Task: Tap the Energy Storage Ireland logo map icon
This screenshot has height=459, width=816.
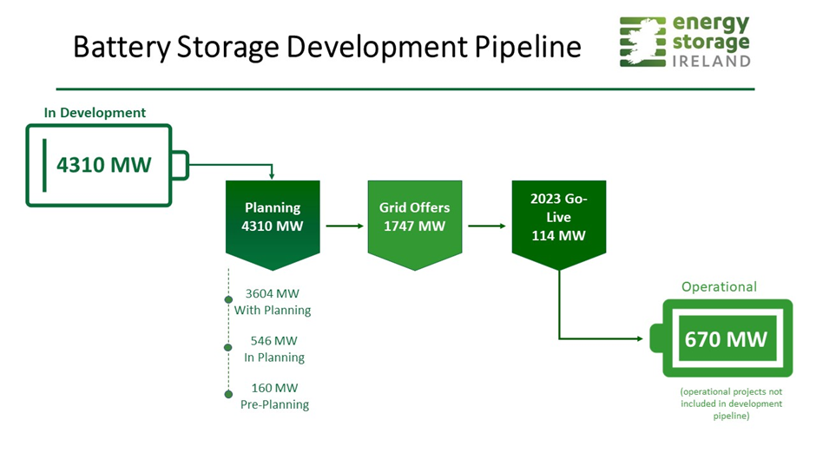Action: click(642, 42)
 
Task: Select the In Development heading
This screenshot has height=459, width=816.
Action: click(95, 113)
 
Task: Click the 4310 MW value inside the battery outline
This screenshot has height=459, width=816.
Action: click(103, 165)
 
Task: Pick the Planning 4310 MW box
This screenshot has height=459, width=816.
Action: click(273, 225)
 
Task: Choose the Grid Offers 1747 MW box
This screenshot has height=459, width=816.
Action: click(415, 225)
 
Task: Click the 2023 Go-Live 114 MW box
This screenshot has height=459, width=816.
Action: click(559, 225)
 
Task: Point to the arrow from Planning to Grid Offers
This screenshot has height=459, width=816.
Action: click(345, 226)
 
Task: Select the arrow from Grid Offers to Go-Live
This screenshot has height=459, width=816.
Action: click(487, 226)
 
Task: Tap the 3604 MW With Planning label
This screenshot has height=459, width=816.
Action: click(273, 302)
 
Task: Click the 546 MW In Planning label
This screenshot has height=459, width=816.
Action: click(273, 349)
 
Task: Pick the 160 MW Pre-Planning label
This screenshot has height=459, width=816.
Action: click(274, 396)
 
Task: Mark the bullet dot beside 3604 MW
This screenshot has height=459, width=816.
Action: click(228, 299)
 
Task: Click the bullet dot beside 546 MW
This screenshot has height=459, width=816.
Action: click(228, 347)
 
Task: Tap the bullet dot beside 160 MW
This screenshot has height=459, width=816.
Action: click(228, 394)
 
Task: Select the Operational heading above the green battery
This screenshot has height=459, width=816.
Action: click(719, 286)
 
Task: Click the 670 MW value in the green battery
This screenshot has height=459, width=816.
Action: click(726, 339)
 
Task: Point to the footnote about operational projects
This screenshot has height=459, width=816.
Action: click(731, 403)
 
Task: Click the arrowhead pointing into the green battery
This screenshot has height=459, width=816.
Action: click(640, 338)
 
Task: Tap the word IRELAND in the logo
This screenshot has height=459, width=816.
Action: click(712, 62)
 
